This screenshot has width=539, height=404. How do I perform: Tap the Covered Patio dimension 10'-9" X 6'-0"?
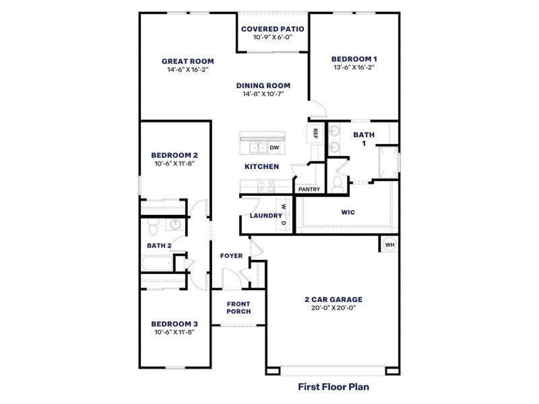pyautogui.click(x=273, y=38)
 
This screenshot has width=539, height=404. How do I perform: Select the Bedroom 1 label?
pyautogui.click(x=353, y=59)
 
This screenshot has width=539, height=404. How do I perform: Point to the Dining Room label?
pyautogui.click(x=263, y=86)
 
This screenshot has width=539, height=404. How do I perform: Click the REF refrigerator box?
pyautogui.click(x=315, y=133)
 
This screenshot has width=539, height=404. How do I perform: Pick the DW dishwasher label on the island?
pyautogui.click(x=274, y=147)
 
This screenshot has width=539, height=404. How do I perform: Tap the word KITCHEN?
pyautogui.click(x=262, y=166)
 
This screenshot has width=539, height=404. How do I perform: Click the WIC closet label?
pyautogui.click(x=348, y=212)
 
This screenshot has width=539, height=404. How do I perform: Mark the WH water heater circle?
pyautogui.click(x=389, y=244)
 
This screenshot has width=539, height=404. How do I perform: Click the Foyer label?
pyautogui.click(x=231, y=256)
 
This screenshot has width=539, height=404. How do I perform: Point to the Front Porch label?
pyautogui.click(x=239, y=308)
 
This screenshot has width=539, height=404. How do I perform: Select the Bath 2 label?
pyautogui.click(x=159, y=246)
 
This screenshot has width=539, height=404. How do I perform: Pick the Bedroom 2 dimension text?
pyautogui.click(x=174, y=163)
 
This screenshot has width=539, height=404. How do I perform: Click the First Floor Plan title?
pyautogui.click(x=334, y=387)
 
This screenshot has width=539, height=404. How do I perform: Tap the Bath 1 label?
pyautogui.click(x=364, y=139)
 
